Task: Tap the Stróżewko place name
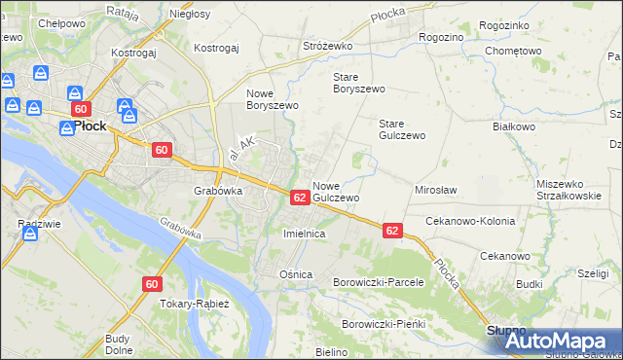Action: (x=327, y=46)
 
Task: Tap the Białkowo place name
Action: (x=514, y=126)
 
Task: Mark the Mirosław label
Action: (x=436, y=190)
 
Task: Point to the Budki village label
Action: (x=530, y=284)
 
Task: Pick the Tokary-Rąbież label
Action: (x=196, y=304)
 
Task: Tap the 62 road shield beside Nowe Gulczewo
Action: (x=300, y=198)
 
